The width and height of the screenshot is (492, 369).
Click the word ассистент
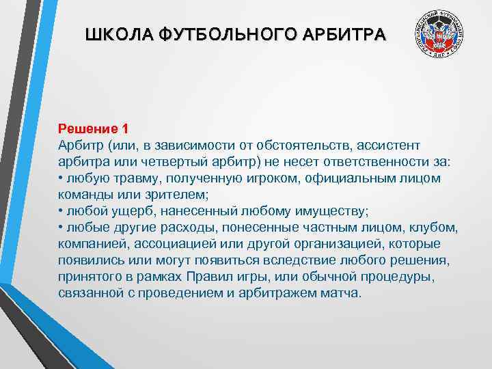click(383, 146)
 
